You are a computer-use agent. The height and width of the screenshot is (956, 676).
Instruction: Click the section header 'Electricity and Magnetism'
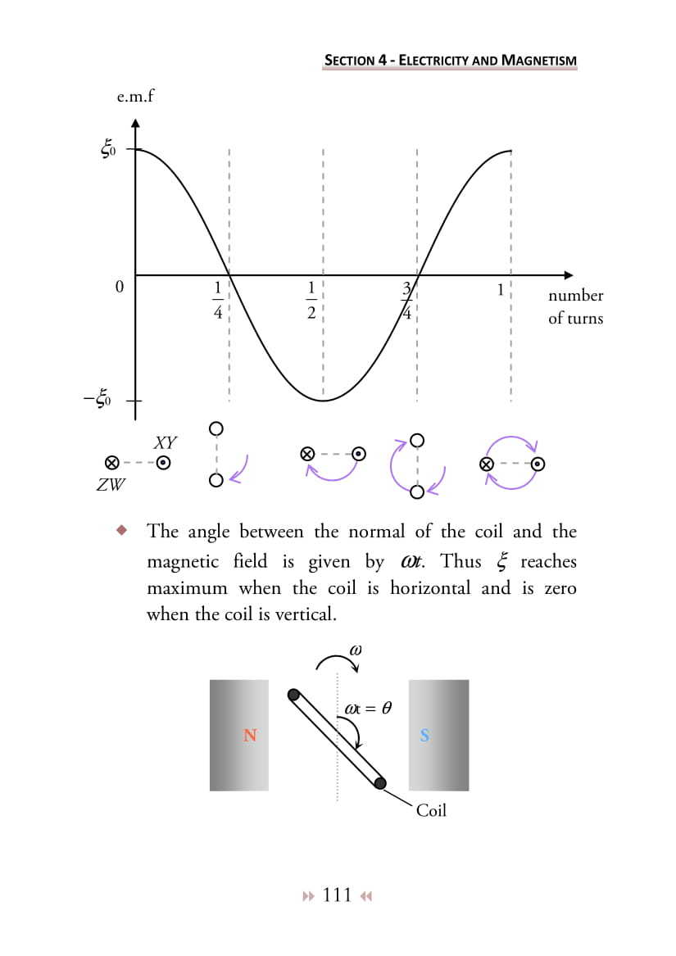tap(451, 60)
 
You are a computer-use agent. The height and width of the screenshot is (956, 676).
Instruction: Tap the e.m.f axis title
tap(136, 96)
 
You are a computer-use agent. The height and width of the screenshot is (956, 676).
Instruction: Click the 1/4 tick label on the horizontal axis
tap(218, 300)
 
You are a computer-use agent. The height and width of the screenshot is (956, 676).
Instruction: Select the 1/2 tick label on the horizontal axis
tap(311, 300)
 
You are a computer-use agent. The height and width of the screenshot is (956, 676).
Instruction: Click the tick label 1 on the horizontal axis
tap(500, 289)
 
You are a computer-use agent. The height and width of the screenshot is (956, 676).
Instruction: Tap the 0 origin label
tap(119, 288)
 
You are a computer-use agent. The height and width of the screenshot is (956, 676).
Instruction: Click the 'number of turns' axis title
tap(575, 306)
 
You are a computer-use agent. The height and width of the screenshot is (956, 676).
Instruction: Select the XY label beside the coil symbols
tap(165, 443)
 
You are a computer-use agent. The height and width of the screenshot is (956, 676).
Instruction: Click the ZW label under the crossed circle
tap(111, 484)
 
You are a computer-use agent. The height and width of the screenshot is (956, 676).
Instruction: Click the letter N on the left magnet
tap(250, 736)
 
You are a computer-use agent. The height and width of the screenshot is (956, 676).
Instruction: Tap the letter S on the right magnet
tap(424, 736)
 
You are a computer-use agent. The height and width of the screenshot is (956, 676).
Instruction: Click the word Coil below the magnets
tap(431, 811)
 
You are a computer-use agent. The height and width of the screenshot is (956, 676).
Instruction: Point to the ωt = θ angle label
tap(364, 709)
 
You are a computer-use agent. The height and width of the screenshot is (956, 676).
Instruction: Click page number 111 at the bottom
tap(338, 895)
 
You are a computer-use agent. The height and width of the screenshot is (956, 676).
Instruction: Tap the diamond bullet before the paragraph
tap(122, 530)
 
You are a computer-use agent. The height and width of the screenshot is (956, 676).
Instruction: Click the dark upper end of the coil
tap(293, 695)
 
